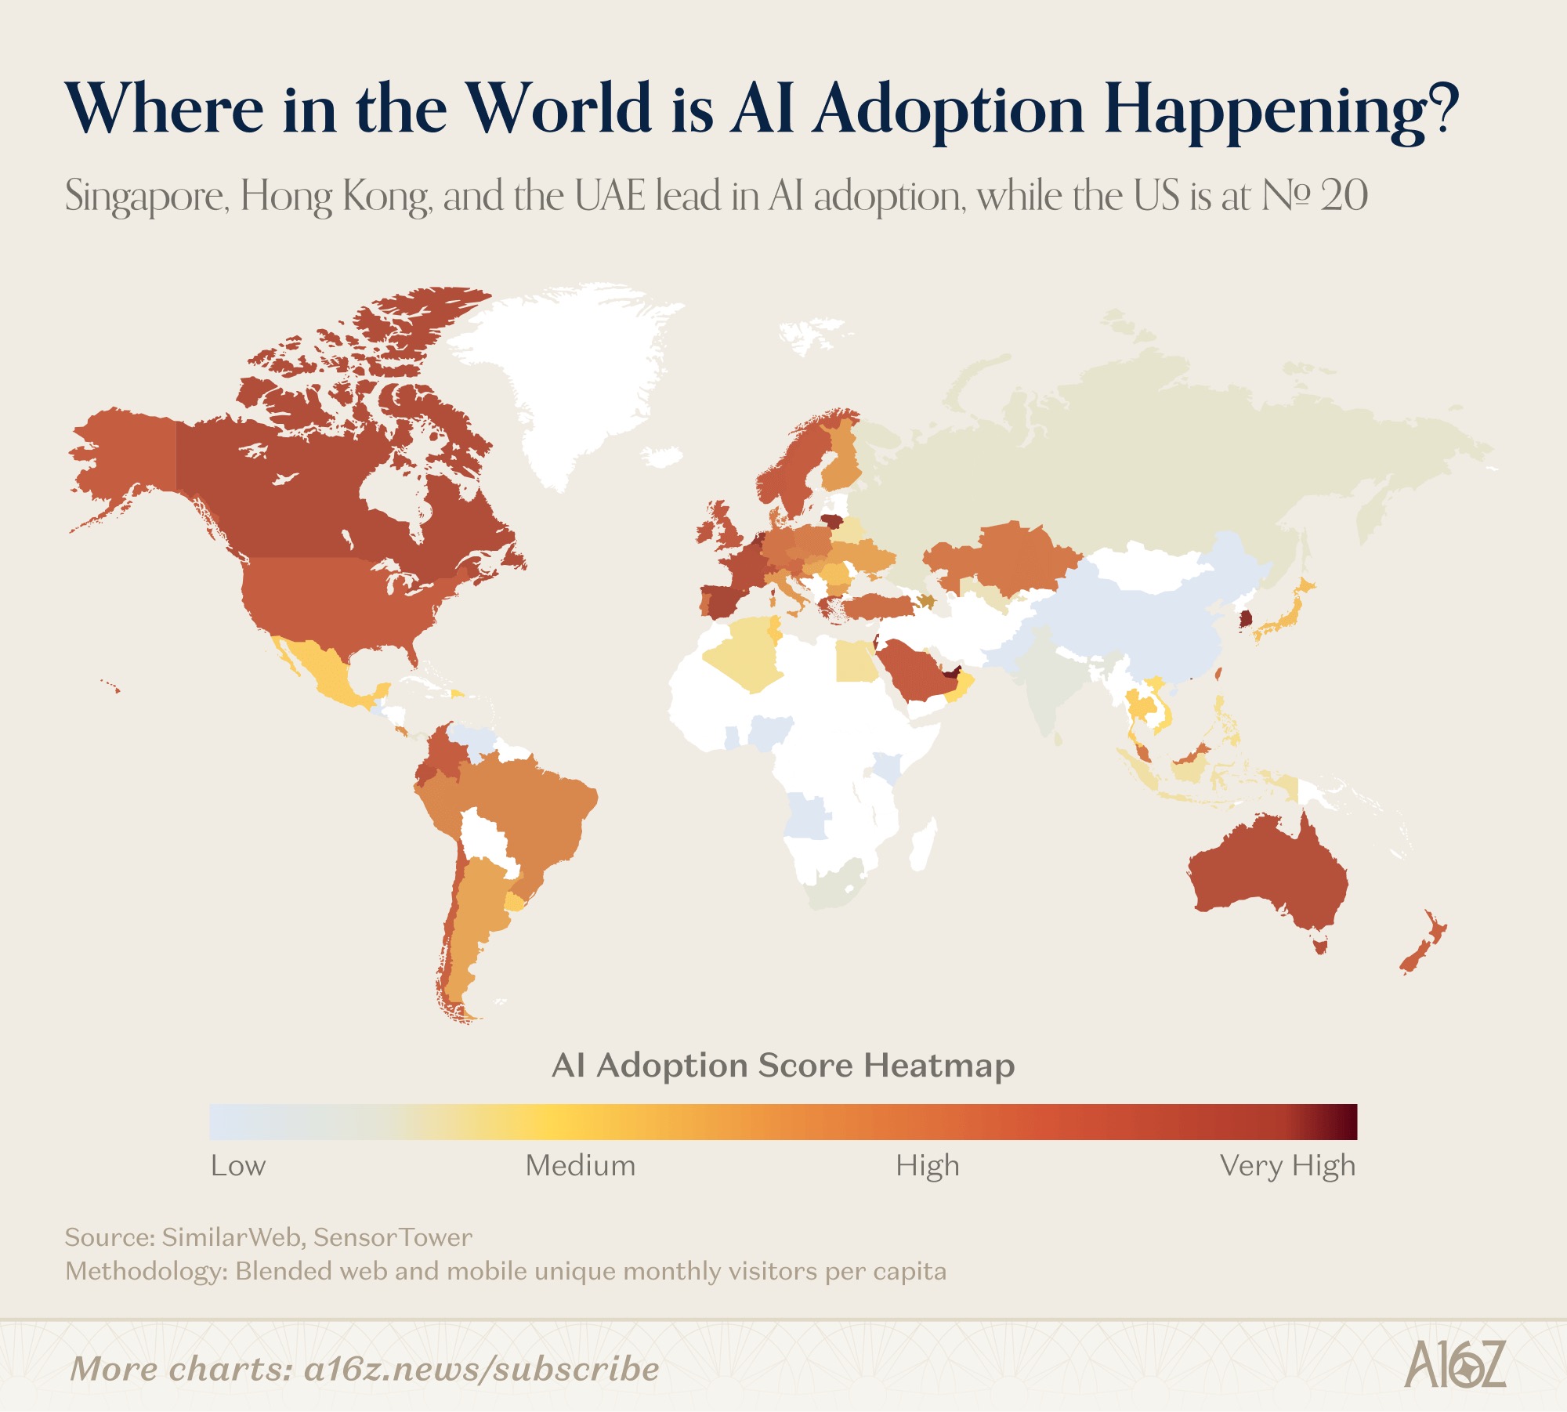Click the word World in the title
click(559, 110)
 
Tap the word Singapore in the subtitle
click(146, 196)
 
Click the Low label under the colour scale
click(238, 1166)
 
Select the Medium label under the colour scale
click(580, 1166)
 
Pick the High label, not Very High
click(927, 1166)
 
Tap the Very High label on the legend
click(1287, 1166)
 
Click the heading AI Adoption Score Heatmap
click(783, 1066)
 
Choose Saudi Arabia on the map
click(913, 670)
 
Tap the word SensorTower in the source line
click(393, 1237)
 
